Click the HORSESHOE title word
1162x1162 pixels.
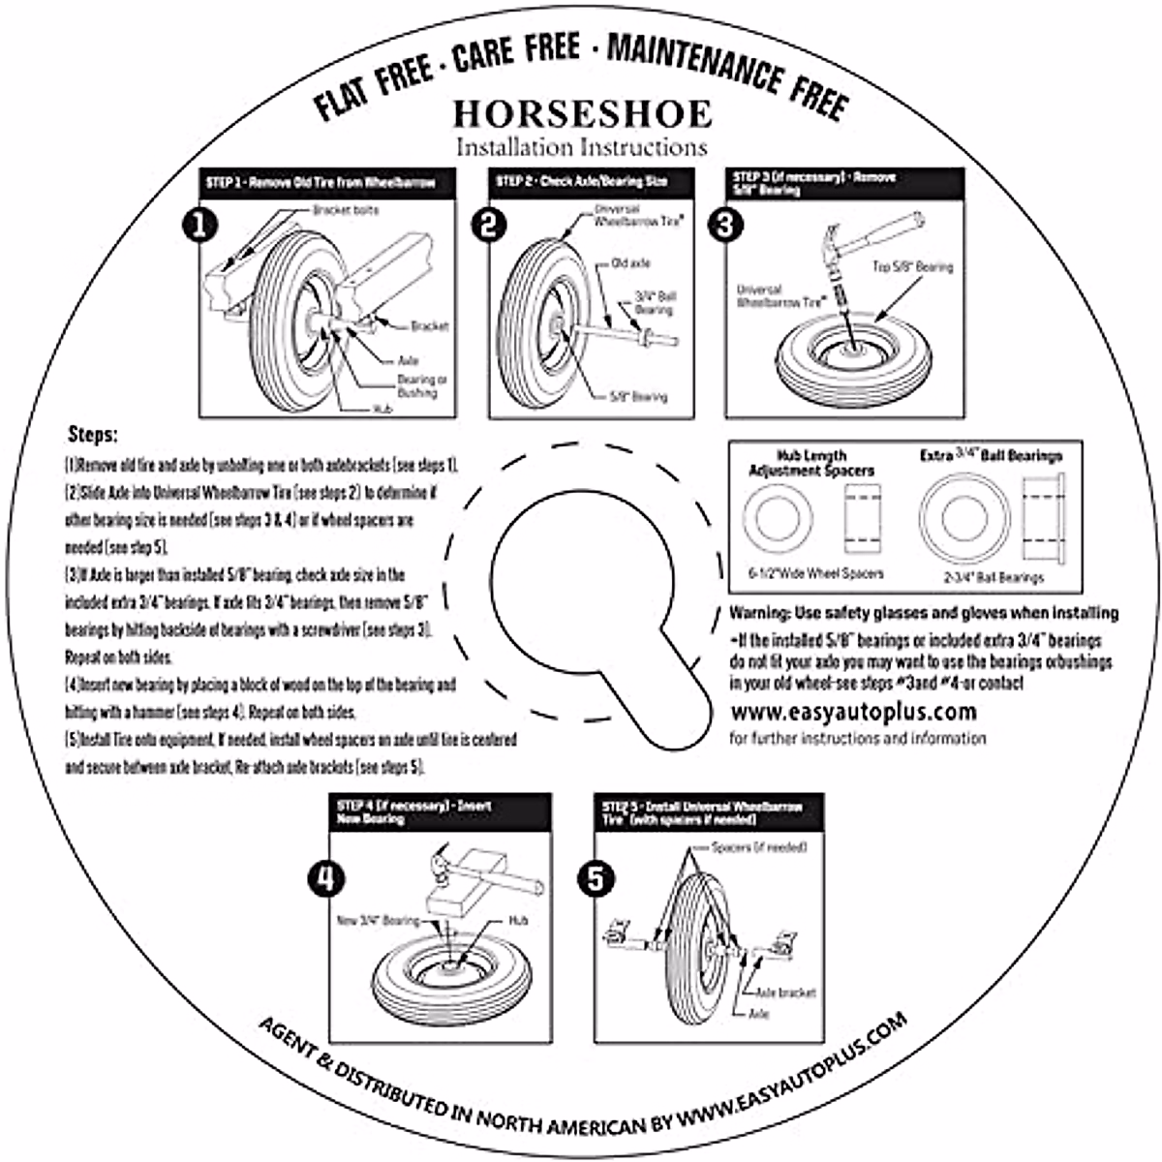click(x=582, y=113)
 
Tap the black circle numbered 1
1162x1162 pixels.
click(x=199, y=225)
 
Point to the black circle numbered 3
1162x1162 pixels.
click(x=726, y=225)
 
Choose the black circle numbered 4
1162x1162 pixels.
click(x=324, y=878)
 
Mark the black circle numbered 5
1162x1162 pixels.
click(x=595, y=878)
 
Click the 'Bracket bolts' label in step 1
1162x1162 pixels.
click(x=346, y=210)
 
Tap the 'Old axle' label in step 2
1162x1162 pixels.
click(x=630, y=263)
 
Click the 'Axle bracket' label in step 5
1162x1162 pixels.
click(x=785, y=993)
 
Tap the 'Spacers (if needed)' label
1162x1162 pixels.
click(x=759, y=848)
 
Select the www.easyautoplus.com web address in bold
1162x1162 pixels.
click(x=852, y=713)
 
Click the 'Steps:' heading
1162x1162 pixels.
click(x=93, y=435)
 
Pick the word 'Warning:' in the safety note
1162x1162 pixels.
click(x=759, y=613)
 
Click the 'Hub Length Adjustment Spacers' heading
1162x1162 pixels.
click(x=811, y=463)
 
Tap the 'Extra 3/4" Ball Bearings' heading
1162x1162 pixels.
click(x=991, y=456)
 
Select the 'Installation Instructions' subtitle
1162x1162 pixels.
click(x=582, y=148)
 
